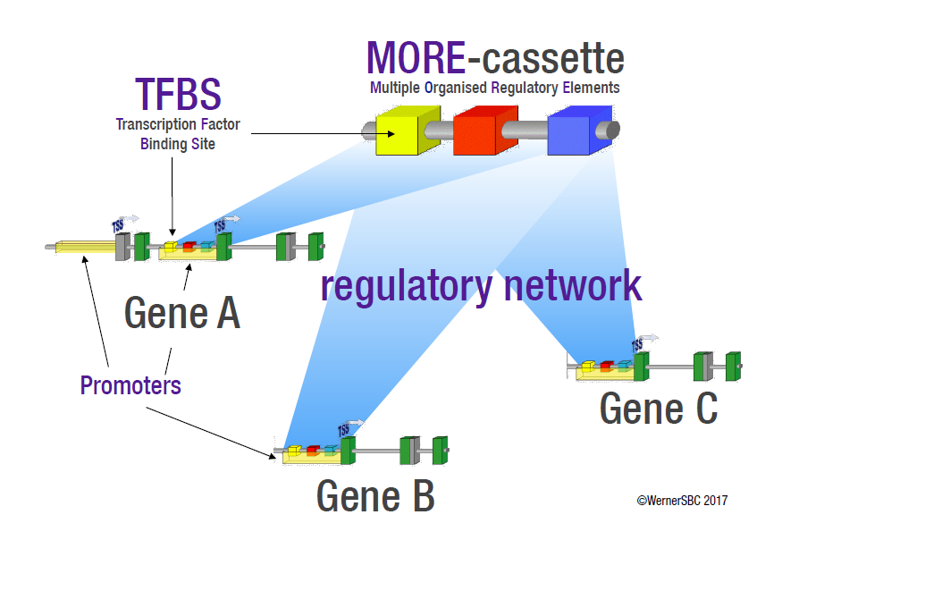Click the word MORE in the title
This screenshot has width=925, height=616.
[x=416, y=58]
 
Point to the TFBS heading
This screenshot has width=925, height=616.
[x=178, y=94]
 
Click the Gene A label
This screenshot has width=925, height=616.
[x=182, y=313]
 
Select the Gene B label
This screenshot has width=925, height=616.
[x=375, y=495]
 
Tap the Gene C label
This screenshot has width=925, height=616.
[x=659, y=409]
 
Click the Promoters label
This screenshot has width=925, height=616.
[x=130, y=386]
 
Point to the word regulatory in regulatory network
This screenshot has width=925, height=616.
[x=407, y=286]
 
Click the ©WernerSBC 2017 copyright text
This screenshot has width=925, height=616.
[x=682, y=501]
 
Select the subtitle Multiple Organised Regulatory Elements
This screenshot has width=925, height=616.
[x=494, y=88]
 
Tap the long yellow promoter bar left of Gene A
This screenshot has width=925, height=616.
[x=85, y=246]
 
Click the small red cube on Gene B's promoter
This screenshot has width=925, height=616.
[x=313, y=450]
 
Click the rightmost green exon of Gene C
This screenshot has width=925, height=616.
[x=733, y=366]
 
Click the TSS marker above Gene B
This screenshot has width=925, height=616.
[x=344, y=430]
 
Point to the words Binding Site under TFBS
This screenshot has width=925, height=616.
[x=178, y=144]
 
